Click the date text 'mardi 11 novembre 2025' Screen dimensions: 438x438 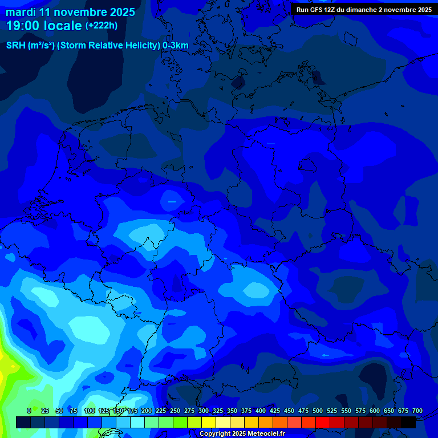point(71,12)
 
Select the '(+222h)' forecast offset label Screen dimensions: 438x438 point(102,26)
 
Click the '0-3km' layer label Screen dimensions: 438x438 point(176,46)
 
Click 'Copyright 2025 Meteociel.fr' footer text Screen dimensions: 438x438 point(242,434)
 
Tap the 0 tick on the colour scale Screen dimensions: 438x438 point(29,411)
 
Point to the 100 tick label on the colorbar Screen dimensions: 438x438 point(90,411)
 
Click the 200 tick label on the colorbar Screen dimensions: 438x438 point(147,411)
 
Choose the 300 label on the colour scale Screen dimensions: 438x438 point(204,411)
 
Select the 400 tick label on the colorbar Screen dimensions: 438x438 point(261,411)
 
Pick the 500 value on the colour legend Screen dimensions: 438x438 point(318,411)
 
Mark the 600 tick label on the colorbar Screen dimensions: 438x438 point(375,411)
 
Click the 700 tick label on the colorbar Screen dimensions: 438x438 point(417,411)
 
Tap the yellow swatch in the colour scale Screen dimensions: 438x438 point(209,422)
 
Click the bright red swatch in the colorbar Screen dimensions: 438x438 point(323,422)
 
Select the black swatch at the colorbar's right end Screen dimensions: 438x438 point(408,422)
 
